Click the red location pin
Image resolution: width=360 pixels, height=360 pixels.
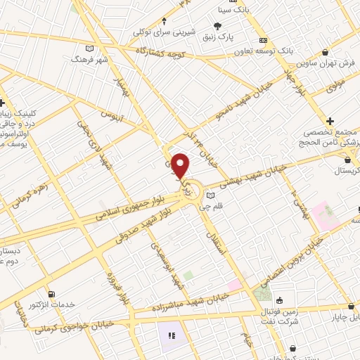click(x=181, y=166)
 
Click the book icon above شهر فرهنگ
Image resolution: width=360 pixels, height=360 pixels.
click(x=89, y=49)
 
